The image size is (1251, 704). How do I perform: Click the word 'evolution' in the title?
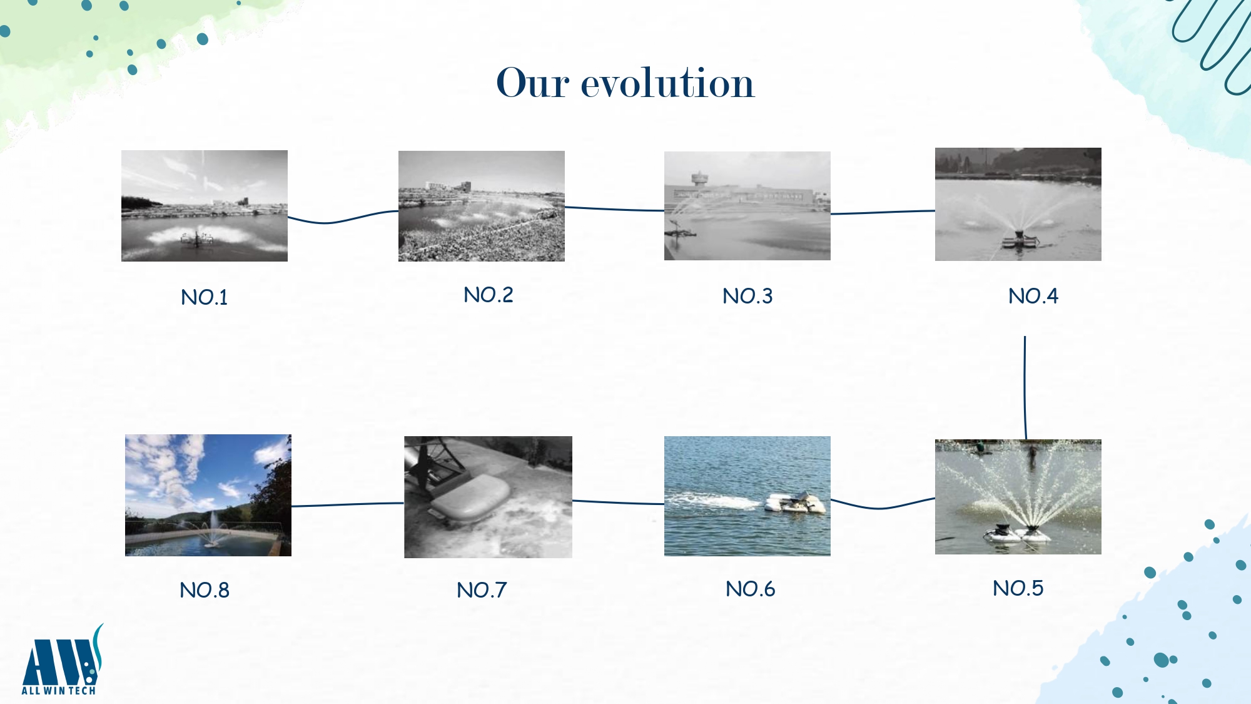click(667, 83)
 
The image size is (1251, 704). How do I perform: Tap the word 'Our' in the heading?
click(532, 83)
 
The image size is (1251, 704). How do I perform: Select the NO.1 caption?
click(205, 297)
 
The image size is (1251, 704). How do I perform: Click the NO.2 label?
click(489, 295)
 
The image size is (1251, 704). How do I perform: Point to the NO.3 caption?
click(747, 296)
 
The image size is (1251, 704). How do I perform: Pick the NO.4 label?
click(1033, 296)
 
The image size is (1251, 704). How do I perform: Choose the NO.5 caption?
click(1018, 588)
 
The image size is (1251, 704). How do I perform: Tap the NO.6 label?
click(751, 589)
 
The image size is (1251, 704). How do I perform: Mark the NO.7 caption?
click(482, 590)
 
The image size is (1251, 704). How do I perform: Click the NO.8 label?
click(205, 590)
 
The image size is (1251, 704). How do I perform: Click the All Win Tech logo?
click(62, 660)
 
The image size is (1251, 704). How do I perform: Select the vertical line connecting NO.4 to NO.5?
click(1025, 388)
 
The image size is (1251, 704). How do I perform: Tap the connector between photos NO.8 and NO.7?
click(348, 504)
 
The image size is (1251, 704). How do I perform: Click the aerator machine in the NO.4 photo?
click(1020, 240)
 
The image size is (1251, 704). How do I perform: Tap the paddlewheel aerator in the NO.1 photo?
click(196, 238)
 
